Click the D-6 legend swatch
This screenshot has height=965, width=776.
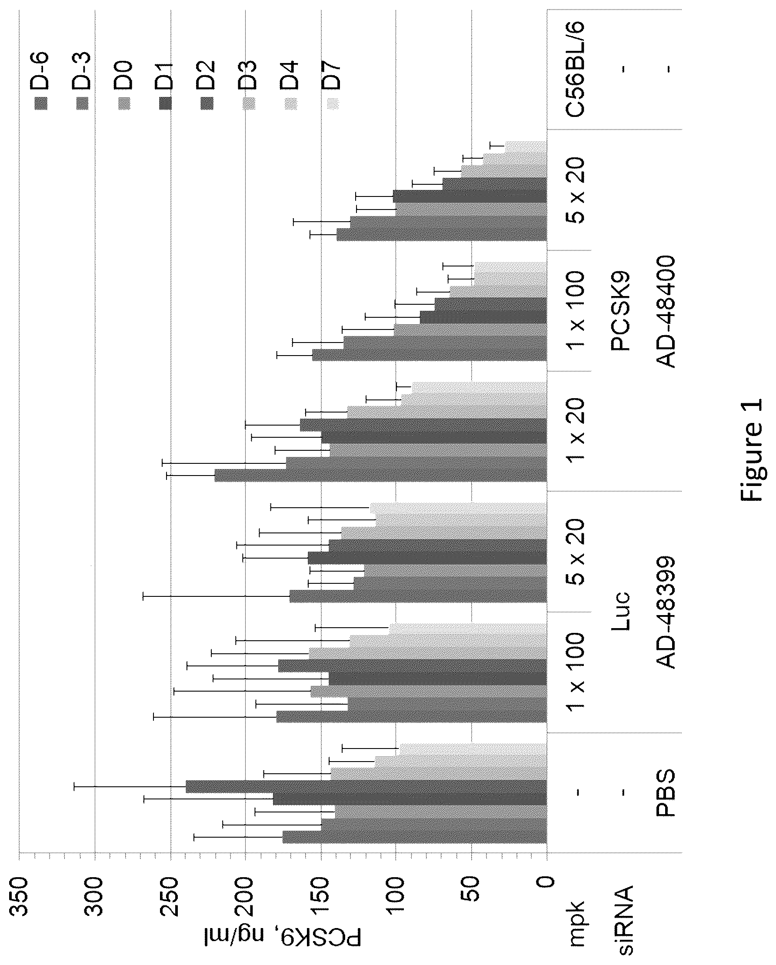click(42, 103)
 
